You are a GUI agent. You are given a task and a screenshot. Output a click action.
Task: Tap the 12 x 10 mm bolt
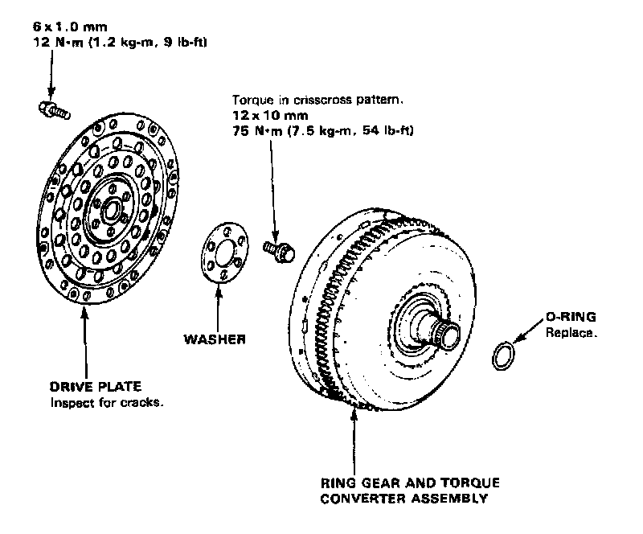[280, 249]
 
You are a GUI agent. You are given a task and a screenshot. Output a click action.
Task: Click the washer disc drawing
[221, 250]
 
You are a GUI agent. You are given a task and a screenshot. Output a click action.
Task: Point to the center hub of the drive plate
[111, 209]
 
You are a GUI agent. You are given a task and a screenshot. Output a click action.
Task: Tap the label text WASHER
[215, 339]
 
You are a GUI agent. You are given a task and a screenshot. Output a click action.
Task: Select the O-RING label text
[571, 318]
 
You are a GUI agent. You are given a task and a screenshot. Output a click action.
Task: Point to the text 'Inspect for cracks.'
[107, 402]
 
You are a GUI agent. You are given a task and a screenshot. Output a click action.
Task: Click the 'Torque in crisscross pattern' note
[317, 102]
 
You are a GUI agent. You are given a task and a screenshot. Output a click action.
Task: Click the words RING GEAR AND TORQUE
[410, 483]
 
